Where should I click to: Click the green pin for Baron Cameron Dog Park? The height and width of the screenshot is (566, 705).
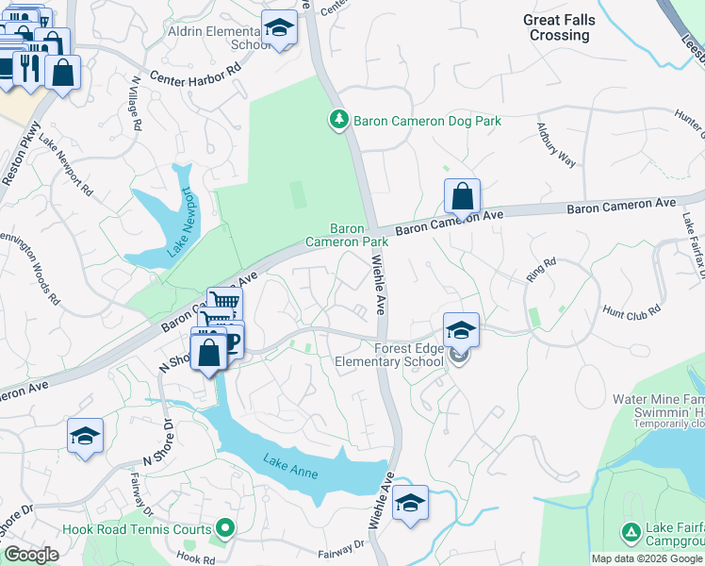338,120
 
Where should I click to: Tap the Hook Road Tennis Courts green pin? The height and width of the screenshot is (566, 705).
224,528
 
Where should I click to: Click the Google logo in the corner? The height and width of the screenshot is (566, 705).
31,555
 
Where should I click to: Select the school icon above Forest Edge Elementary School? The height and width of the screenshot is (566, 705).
461,330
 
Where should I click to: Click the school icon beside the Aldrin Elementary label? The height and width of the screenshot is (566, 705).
279,29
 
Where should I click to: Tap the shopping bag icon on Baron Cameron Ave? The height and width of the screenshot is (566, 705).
462,197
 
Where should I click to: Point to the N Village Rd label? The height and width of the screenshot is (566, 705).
135,104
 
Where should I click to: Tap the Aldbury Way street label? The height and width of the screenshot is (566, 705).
555,144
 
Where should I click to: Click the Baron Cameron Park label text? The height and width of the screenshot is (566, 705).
347,235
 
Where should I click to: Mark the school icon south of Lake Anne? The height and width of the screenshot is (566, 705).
410,502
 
